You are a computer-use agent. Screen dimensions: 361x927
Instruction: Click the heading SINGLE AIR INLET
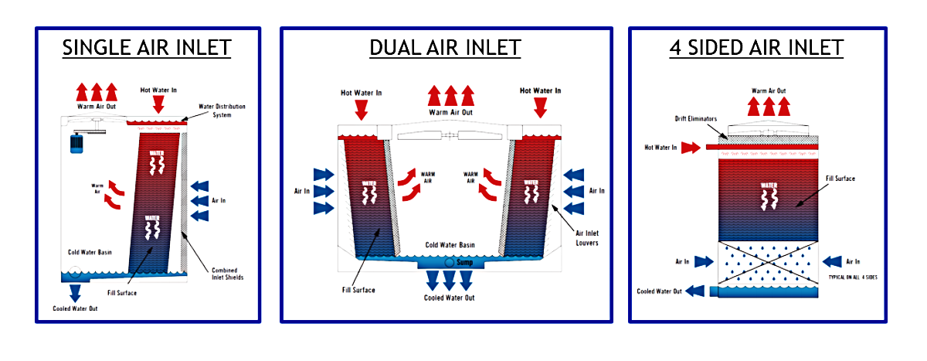tap(147, 48)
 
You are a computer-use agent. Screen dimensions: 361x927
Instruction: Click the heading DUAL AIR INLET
tap(445, 48)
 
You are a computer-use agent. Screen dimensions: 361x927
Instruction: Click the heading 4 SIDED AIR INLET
tap(756, 48)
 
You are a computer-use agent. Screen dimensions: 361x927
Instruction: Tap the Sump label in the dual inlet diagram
tap(463, 263)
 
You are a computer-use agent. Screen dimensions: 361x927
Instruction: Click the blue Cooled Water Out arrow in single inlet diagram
tap(76, 292)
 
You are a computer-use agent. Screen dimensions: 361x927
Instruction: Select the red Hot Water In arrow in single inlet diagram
tap(159, 104)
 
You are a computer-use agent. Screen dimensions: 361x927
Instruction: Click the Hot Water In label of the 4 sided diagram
tap(661, 147)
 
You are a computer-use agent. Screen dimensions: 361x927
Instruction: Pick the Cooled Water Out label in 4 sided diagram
tap(659, 291)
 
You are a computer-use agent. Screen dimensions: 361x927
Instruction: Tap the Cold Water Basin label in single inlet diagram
tap(87, 253)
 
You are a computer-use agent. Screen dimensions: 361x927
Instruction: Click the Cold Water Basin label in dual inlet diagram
tap(450, 245)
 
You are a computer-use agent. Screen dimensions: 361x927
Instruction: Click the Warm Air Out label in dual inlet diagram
tap(451, 112)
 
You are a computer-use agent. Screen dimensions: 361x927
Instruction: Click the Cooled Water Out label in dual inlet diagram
tap(450, 298)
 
